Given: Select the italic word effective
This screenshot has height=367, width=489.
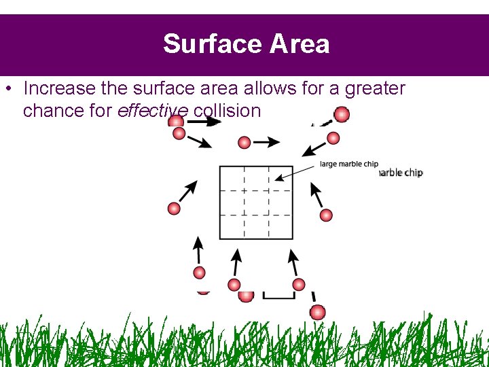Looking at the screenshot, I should pyautogui.click(x=153, y=110).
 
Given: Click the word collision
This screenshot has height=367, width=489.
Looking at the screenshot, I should pyautogui.click(x=227, y=110).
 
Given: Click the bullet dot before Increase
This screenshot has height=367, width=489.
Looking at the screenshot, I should pyautogui.click(x=7, y=89).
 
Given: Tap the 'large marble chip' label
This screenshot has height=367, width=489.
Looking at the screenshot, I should pyautogui.click(x=349, y=164).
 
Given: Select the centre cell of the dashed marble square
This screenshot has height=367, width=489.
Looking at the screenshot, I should pyautogui.click(x=256, y=203).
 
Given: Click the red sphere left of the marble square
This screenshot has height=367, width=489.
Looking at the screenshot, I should pyautogui.click(x=174, y=209).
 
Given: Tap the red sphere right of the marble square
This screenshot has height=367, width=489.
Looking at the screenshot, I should pyautogui.click(x=326, y=215).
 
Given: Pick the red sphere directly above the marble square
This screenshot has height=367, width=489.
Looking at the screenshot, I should pyautogui.click(x=244, y=143).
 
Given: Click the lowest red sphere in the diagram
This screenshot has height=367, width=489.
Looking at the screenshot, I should pyautogui.click(x=317, y=312).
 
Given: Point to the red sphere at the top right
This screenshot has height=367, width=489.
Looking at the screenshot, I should pyautogui.click(x=342, y=114).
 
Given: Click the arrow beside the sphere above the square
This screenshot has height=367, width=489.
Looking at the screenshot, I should pyautogui.click(x=268, y=142).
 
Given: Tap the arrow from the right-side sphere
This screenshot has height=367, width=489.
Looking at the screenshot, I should pyautogui.click(x=316, y=196).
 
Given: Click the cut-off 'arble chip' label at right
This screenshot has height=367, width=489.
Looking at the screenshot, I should pyautogui.click(x=401, y=173).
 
